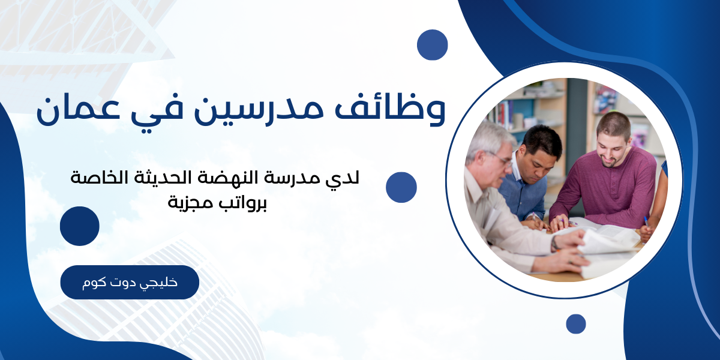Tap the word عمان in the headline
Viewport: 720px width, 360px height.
point(77,110)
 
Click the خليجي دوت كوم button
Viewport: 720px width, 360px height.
point(130,282)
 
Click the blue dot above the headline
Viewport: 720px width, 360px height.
point(433,44)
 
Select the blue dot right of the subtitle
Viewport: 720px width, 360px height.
point(401,187)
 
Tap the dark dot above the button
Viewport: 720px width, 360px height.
point(79,226)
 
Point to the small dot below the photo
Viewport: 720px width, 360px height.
point(575,324)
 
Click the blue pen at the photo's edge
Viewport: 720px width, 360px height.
point(646,221)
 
